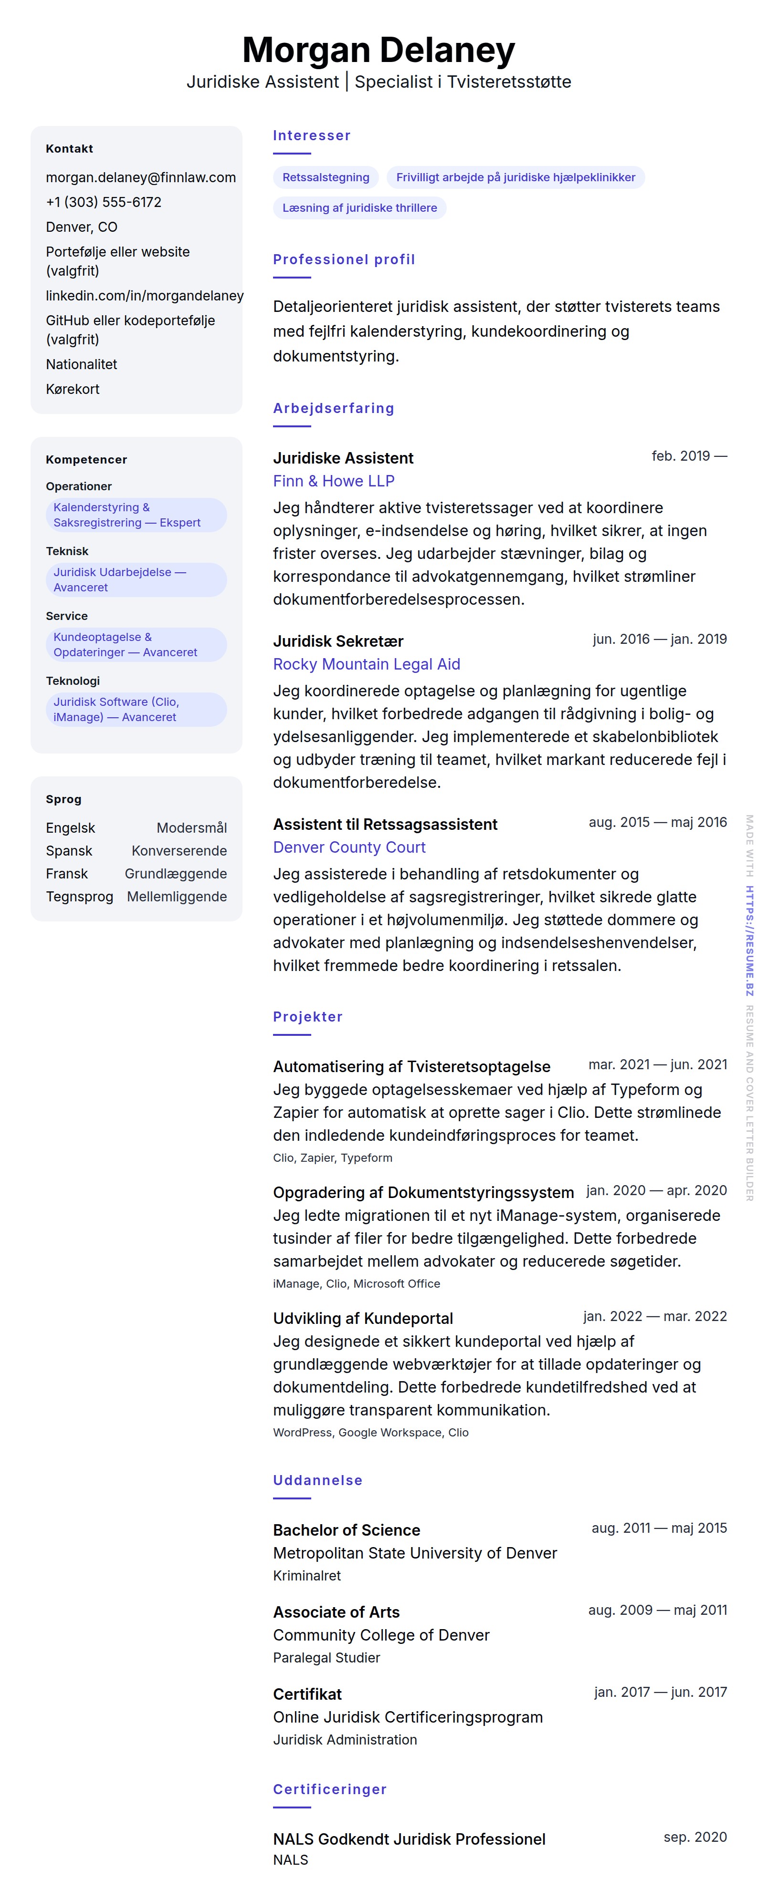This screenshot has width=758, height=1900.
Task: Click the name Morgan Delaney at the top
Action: (379, 50)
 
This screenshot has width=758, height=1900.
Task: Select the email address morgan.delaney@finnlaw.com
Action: (141, 177)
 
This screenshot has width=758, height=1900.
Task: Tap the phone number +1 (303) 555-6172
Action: (103, 202)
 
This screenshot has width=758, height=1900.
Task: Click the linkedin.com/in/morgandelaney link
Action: (145, 296)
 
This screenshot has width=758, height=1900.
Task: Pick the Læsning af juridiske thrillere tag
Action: (359, 208)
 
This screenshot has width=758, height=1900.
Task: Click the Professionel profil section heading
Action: (344, 259)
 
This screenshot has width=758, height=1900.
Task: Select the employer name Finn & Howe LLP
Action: (334, 481)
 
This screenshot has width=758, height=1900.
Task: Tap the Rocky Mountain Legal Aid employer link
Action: (366, 664)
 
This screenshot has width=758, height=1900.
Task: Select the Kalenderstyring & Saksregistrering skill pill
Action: (136, 515)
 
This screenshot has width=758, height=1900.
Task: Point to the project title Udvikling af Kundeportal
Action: (362, 1318)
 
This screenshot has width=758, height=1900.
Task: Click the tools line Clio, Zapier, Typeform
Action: (332, 1157)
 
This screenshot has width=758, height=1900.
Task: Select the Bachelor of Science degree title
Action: (346, 1530)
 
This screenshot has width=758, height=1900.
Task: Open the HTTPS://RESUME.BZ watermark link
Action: (748, 940)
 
